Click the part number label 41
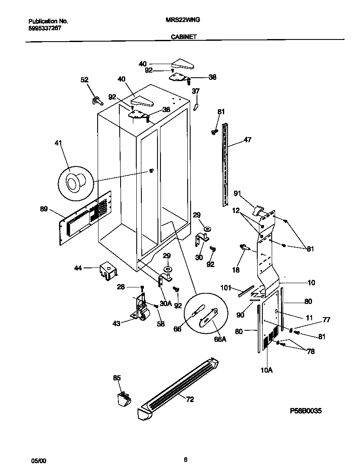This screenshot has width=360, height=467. [58, 144]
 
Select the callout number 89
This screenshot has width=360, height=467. [44, 209]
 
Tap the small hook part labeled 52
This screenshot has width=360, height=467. [98, 100]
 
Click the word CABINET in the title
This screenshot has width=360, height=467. [183, 37]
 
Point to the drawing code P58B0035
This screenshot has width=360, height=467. [306, 411]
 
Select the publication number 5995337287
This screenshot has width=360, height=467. [43, 28]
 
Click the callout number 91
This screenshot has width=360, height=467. [237, 194]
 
